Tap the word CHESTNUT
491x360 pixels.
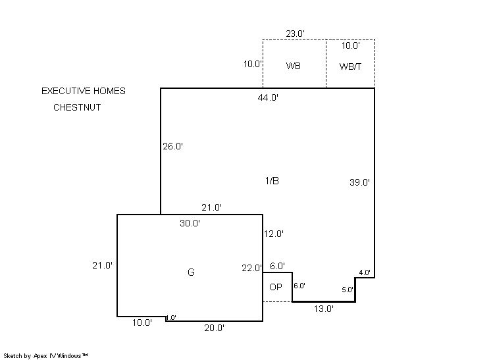tap(77, 107)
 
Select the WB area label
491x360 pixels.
tap(294, 66)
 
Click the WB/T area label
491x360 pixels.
tap(350, 66)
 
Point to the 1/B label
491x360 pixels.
tap(272, 180)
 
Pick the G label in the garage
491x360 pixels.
tap(191, 272)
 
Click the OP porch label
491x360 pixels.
tap(276, 287)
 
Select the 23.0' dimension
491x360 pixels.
tap(295, 34)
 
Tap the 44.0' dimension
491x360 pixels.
tap(268, 97)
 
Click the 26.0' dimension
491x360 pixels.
tap(172, 146)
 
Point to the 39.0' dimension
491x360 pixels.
tap(359, 182)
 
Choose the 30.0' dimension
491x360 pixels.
tap(190, 223)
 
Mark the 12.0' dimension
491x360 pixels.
tap(273, 234)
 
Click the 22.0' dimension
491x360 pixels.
tap(251, 268)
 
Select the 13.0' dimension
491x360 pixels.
tap(324, 309)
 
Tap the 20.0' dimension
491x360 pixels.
tap(214, 328)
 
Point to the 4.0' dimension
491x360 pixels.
tap(365, 272)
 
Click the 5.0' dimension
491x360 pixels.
tap(348, 290)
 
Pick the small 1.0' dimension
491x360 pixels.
tap(171, 318)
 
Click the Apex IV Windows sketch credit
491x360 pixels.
tap(45, 355)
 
